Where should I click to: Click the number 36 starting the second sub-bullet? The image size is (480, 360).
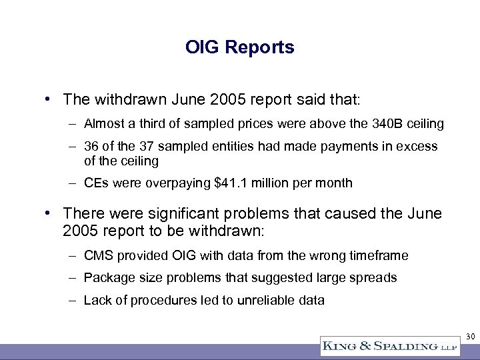point(91,146)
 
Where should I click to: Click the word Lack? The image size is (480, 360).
point(96,300)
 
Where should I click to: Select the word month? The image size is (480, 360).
point(335,183)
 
